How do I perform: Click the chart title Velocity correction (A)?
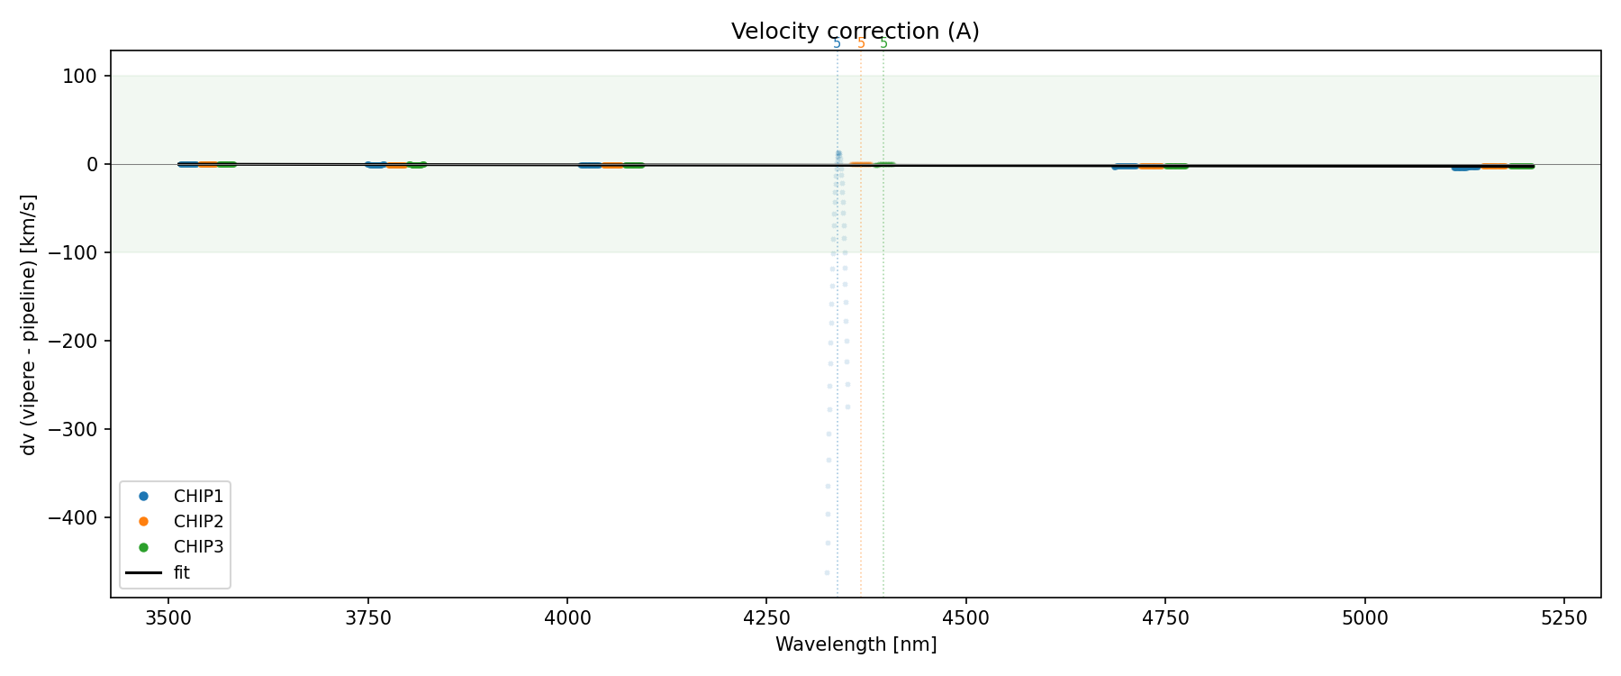[855, 32]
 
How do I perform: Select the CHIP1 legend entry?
[198, 496]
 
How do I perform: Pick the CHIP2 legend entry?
[198, 521]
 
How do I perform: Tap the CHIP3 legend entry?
[198, 546]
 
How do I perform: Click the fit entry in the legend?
[181, 572]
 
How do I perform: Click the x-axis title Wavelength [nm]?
[856, 644]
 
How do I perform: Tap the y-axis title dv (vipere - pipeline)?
[29, 324]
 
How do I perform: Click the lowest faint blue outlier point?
[827, 572]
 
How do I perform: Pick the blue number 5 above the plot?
[837, 43]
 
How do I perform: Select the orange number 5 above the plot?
[861, 43]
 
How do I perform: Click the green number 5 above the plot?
[883, 43]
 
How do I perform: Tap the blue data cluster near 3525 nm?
[187, 164]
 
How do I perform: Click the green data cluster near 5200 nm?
[1521, 166]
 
